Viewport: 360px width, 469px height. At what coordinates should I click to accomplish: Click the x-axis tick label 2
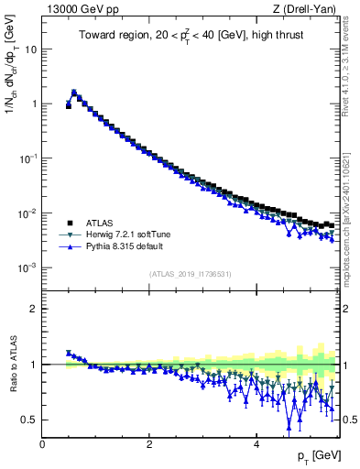[x=148, y=444]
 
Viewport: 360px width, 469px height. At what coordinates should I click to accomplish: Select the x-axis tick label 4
[x=256, y=444]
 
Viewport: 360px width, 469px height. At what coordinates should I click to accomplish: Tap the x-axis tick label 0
[x=42, y=444]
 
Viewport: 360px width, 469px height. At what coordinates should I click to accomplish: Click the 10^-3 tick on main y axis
[x=27, y=267]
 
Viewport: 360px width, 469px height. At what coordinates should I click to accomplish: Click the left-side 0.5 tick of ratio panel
[x=30, y=420]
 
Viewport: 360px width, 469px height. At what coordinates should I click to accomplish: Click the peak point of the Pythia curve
[x=74, y=92]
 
